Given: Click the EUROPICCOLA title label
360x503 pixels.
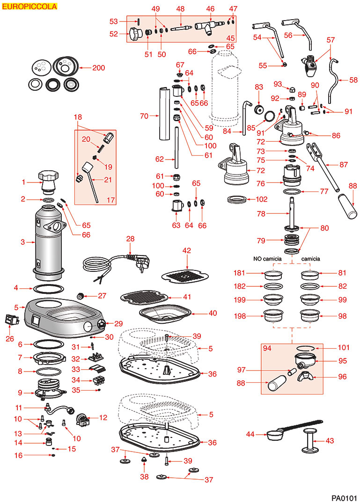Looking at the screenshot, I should (x=29, y=7).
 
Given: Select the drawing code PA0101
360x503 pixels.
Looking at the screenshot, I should (x=344, y=497).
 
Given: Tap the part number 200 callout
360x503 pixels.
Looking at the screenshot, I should (x=98, y=68).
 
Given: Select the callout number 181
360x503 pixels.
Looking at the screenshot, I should (x=240, y=272).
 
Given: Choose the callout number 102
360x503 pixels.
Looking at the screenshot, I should (x=262, y=199).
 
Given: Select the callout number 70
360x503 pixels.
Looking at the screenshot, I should (x=144, y=115).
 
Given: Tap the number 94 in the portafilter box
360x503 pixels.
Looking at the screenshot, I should (x=268, y=349).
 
